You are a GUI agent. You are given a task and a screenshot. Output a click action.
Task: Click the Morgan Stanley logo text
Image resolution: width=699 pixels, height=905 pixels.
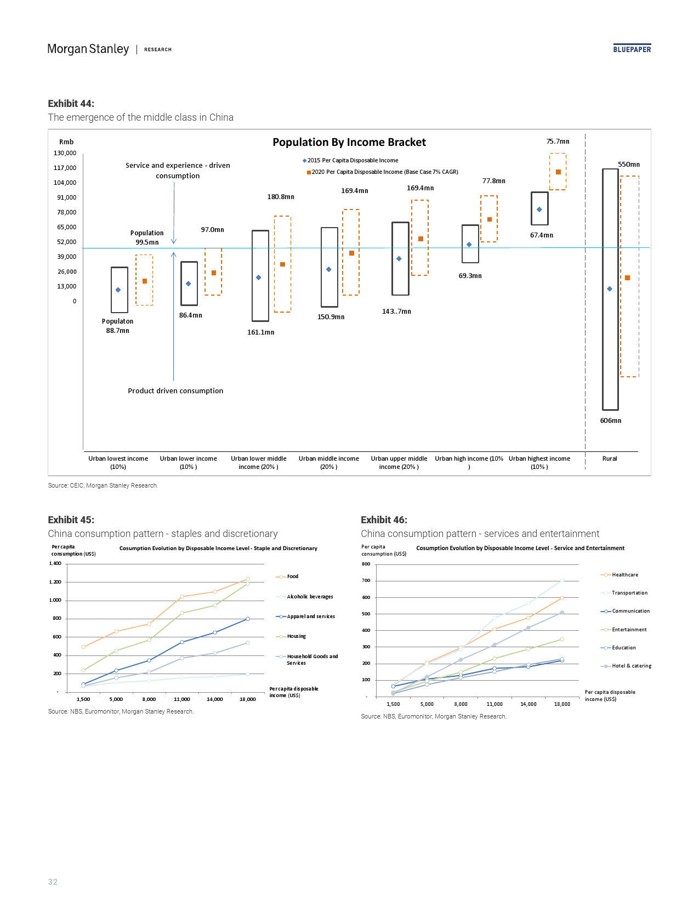pos(88,49)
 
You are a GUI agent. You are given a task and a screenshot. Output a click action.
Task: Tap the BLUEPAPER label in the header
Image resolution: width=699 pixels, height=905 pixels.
pos(632,49)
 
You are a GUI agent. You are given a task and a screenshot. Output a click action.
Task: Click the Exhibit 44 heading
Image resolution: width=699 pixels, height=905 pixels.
pos(71,104)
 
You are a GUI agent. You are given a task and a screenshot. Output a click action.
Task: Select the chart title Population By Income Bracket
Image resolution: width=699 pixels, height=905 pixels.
pos(349,142)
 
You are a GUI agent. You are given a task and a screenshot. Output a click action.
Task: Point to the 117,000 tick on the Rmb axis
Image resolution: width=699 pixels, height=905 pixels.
pos(65,168)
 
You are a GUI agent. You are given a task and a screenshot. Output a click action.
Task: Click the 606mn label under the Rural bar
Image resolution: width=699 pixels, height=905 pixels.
pos(610,421)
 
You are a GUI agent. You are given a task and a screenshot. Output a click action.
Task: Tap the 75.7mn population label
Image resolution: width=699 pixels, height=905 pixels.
pos(558,142)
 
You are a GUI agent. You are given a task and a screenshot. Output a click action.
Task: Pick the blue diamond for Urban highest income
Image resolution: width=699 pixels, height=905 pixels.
pos(539,210)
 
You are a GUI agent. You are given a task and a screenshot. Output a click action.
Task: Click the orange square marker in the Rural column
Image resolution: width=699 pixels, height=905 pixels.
pos(628,278)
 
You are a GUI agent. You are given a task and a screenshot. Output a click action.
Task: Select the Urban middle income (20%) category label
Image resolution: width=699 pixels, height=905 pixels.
pos(329,462)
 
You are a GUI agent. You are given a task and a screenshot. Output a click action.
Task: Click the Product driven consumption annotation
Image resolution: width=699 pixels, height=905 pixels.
pos(175,391)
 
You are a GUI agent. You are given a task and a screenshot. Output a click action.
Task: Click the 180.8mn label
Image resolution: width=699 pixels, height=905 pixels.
pos(281,197)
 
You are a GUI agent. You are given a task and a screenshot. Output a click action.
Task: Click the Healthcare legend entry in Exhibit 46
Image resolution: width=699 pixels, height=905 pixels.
pos(624,575)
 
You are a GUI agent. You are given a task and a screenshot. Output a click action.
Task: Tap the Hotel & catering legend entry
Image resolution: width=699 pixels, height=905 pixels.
pos(631,666)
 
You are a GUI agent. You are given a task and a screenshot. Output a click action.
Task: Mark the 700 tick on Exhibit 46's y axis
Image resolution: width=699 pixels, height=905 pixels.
pos(366,580)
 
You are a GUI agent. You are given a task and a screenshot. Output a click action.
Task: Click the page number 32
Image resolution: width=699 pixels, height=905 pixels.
pos(53,882)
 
